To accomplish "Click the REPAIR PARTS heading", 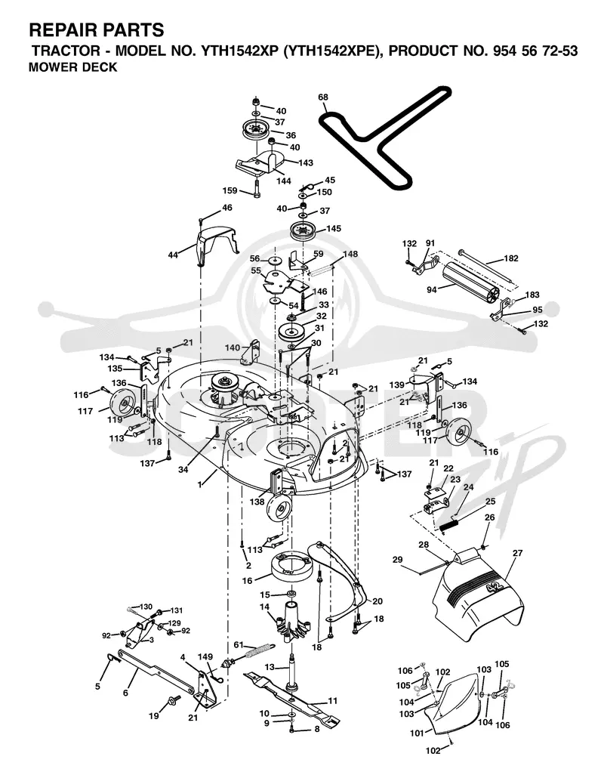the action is pyautogui.click(x=97, y=30).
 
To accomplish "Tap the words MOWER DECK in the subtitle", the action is pyautogui.click(x=73, y=67).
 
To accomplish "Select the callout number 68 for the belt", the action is pyautogui.click(x=322, y=97).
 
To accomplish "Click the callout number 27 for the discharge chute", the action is pyautogui.click(x=517, y=553).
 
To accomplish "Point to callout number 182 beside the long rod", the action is pyautogui.click(x=511, y=258).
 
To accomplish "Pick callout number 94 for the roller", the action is pyautogui.click(x=431, y=290).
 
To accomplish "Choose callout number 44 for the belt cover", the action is pyautogui.click(x=173, y=255).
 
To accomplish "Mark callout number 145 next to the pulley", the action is pyautogui.click(x=334, y=229).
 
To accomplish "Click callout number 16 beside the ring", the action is pyautogui.click(x=247, y=581).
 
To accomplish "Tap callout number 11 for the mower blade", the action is pyautogui.click(x=333, y=701).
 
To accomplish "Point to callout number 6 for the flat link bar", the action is pyautogui.click(x=125, y=693).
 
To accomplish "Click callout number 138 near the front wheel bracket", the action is pyautogui.click(x=257, y=502).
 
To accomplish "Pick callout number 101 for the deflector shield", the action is pyautogui.click(x=417, y=733).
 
